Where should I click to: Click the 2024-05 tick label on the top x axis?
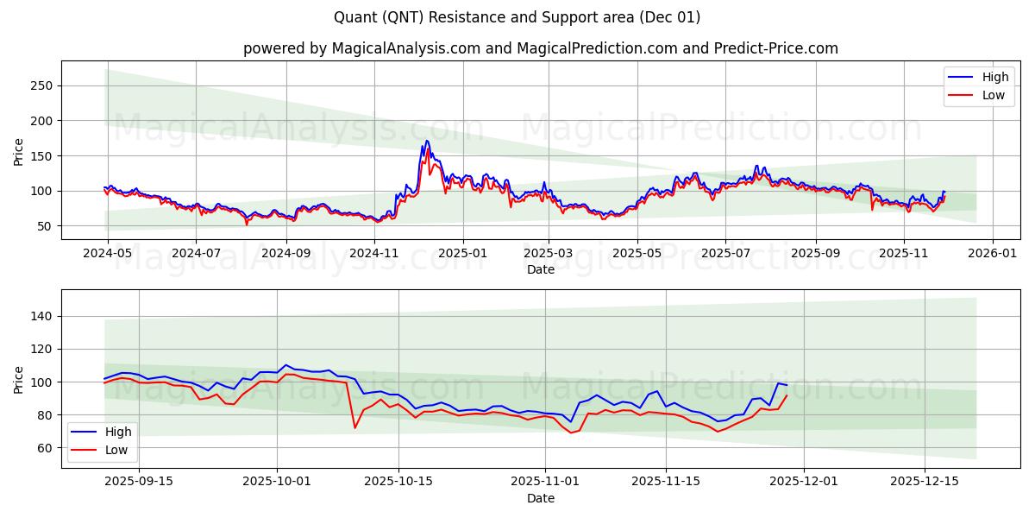click(x=107, y=254)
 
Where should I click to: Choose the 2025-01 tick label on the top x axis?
click(x=463, y=254)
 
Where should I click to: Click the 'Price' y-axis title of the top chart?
click(x=19, y=151)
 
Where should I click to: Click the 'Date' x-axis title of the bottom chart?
click(x=540, y=499)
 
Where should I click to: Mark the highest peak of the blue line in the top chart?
click(x=426, y=141)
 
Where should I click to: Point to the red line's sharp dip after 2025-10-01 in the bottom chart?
click(x=354, y=427)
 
